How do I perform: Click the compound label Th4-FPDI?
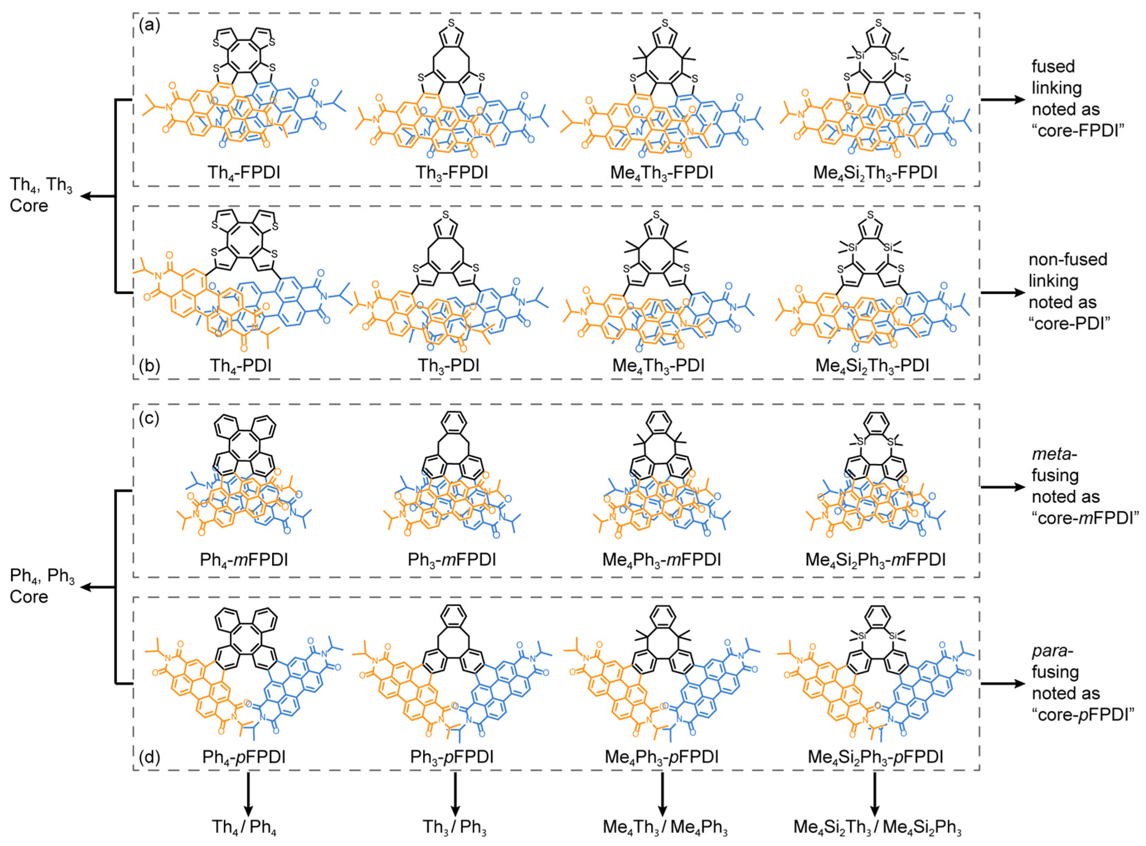(244, 172)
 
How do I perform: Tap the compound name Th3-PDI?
(449, 366)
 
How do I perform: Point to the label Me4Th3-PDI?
(659, 366)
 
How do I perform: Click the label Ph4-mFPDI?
(244, 559)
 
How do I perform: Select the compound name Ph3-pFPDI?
(451, 756)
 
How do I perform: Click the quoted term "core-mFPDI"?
(1083, 518)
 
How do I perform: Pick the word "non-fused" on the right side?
(1068, 260)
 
